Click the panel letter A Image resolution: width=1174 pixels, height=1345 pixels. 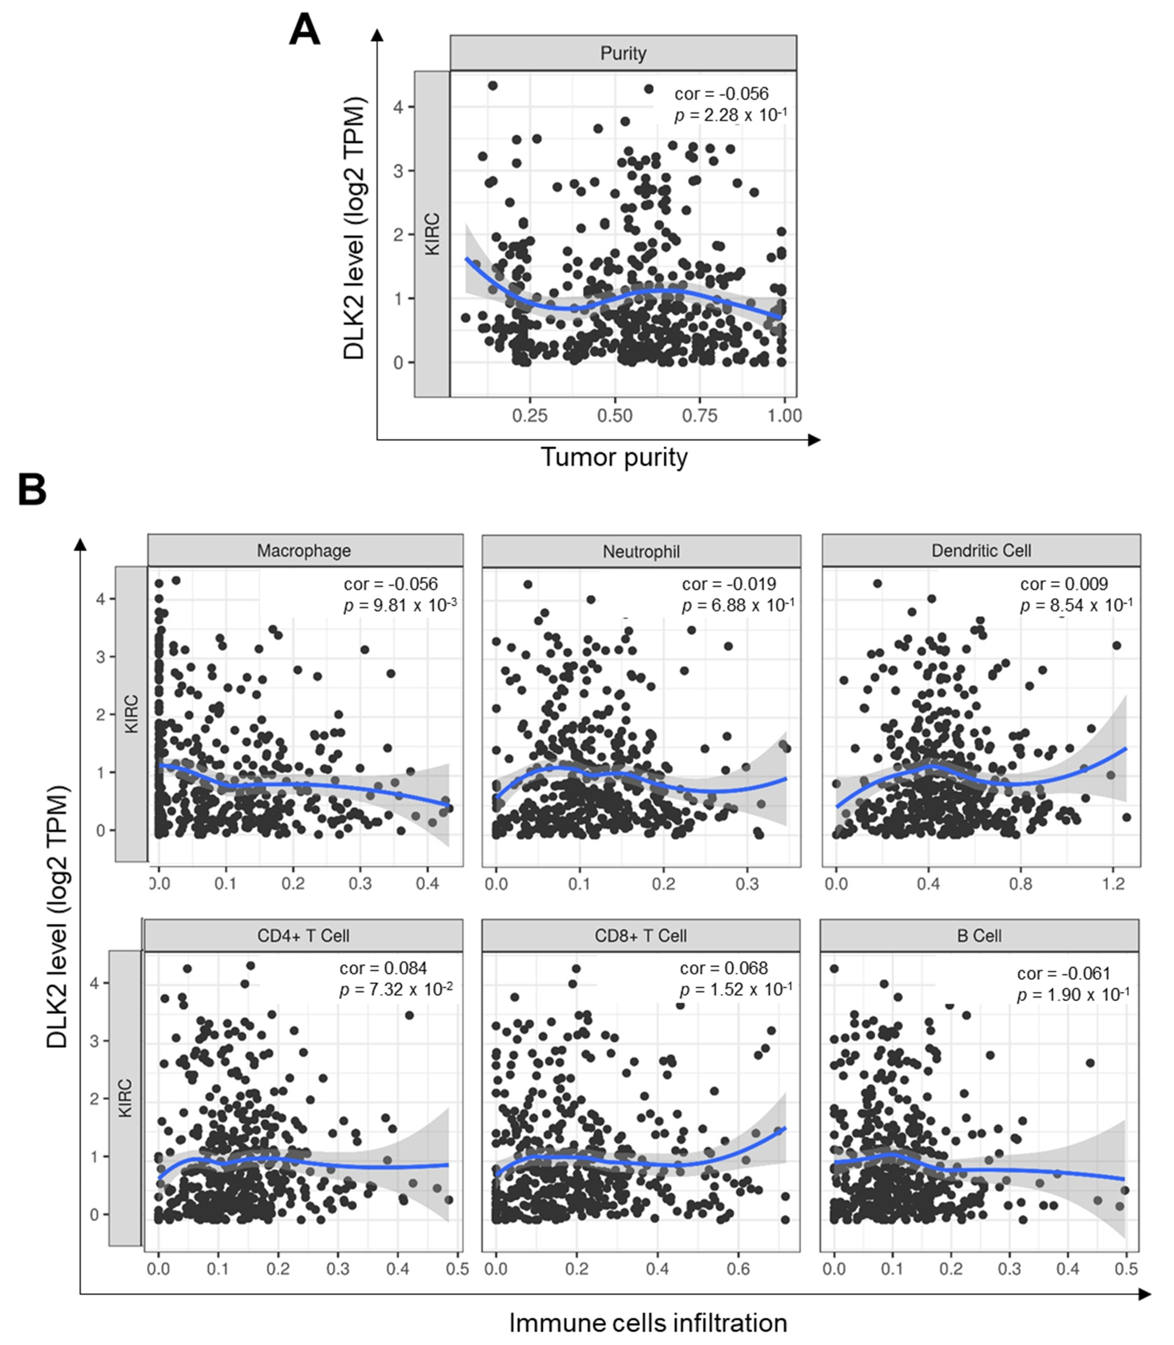[304, 31]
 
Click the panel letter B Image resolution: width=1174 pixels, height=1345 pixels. [32, 490]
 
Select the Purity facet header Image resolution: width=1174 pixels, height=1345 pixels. [623, 53]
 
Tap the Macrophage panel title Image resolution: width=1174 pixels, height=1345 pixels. [304, 550]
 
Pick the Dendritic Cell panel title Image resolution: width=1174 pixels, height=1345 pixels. [981, 550]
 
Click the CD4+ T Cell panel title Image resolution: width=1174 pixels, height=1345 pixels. [303, 935]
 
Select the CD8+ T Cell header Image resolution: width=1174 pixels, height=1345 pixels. [641, 935]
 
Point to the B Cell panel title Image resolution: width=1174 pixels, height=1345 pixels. [979, 935]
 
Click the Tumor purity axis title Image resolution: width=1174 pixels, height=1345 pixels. [614, 457]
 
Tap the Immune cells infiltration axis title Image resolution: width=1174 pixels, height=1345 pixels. [648, 1323]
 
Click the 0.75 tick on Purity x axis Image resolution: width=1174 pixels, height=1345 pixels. [700, 415]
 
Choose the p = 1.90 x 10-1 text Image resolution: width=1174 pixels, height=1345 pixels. [1072, 994]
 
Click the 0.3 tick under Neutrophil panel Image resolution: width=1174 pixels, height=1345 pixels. [747, 883]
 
